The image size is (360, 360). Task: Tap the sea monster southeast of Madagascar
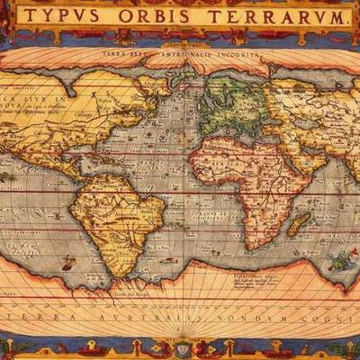click(340, 262)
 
